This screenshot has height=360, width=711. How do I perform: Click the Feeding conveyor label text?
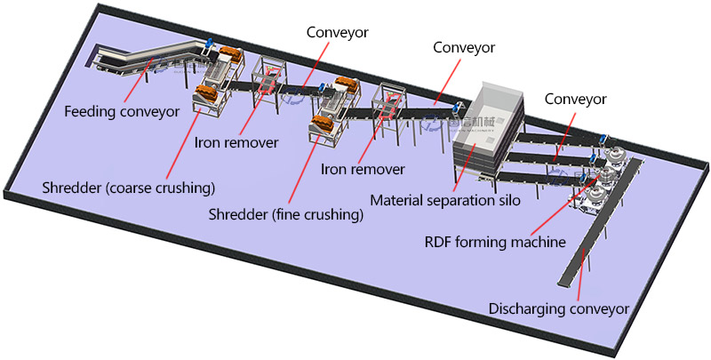tap(121, 112)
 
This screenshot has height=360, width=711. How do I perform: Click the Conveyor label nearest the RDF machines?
tap(576, 100)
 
